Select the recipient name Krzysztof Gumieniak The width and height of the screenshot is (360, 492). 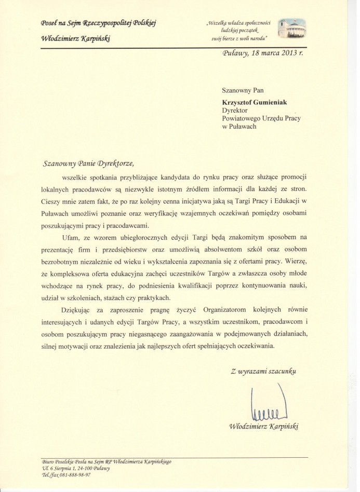point(252,101)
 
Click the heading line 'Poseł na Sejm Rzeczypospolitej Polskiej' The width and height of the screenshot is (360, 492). point(98,22)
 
